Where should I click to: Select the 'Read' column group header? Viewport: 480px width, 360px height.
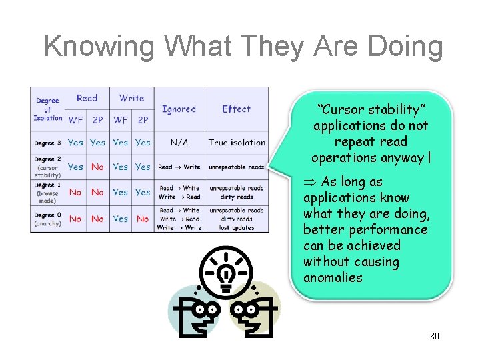(x=87, y=98)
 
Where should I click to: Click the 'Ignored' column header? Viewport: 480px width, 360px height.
(x=179, y=109)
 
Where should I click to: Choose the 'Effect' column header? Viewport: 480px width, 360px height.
(x=236, y=109)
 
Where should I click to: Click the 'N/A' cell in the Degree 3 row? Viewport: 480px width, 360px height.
(x=179, y=142)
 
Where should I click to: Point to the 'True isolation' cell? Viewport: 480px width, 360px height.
(x=237, y=142)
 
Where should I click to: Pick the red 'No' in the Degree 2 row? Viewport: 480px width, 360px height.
(x=97, y=167)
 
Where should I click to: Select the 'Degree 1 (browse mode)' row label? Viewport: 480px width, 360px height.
(x=47, y=192)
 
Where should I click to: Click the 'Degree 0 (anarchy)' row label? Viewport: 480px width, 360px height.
(x=47, y=219)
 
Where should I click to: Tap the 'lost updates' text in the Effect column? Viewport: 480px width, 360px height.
(x=237, y=227)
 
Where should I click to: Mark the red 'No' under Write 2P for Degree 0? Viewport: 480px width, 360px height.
(x=143, y=219)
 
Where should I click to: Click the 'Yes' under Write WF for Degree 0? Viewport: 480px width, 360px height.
(x=121, y=219)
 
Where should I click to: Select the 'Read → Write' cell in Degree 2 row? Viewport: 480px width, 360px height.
(x=179, y=167)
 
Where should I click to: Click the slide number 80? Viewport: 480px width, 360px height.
(x=434, y=336)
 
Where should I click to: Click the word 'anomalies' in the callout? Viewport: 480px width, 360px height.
(x=333, y=278)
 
